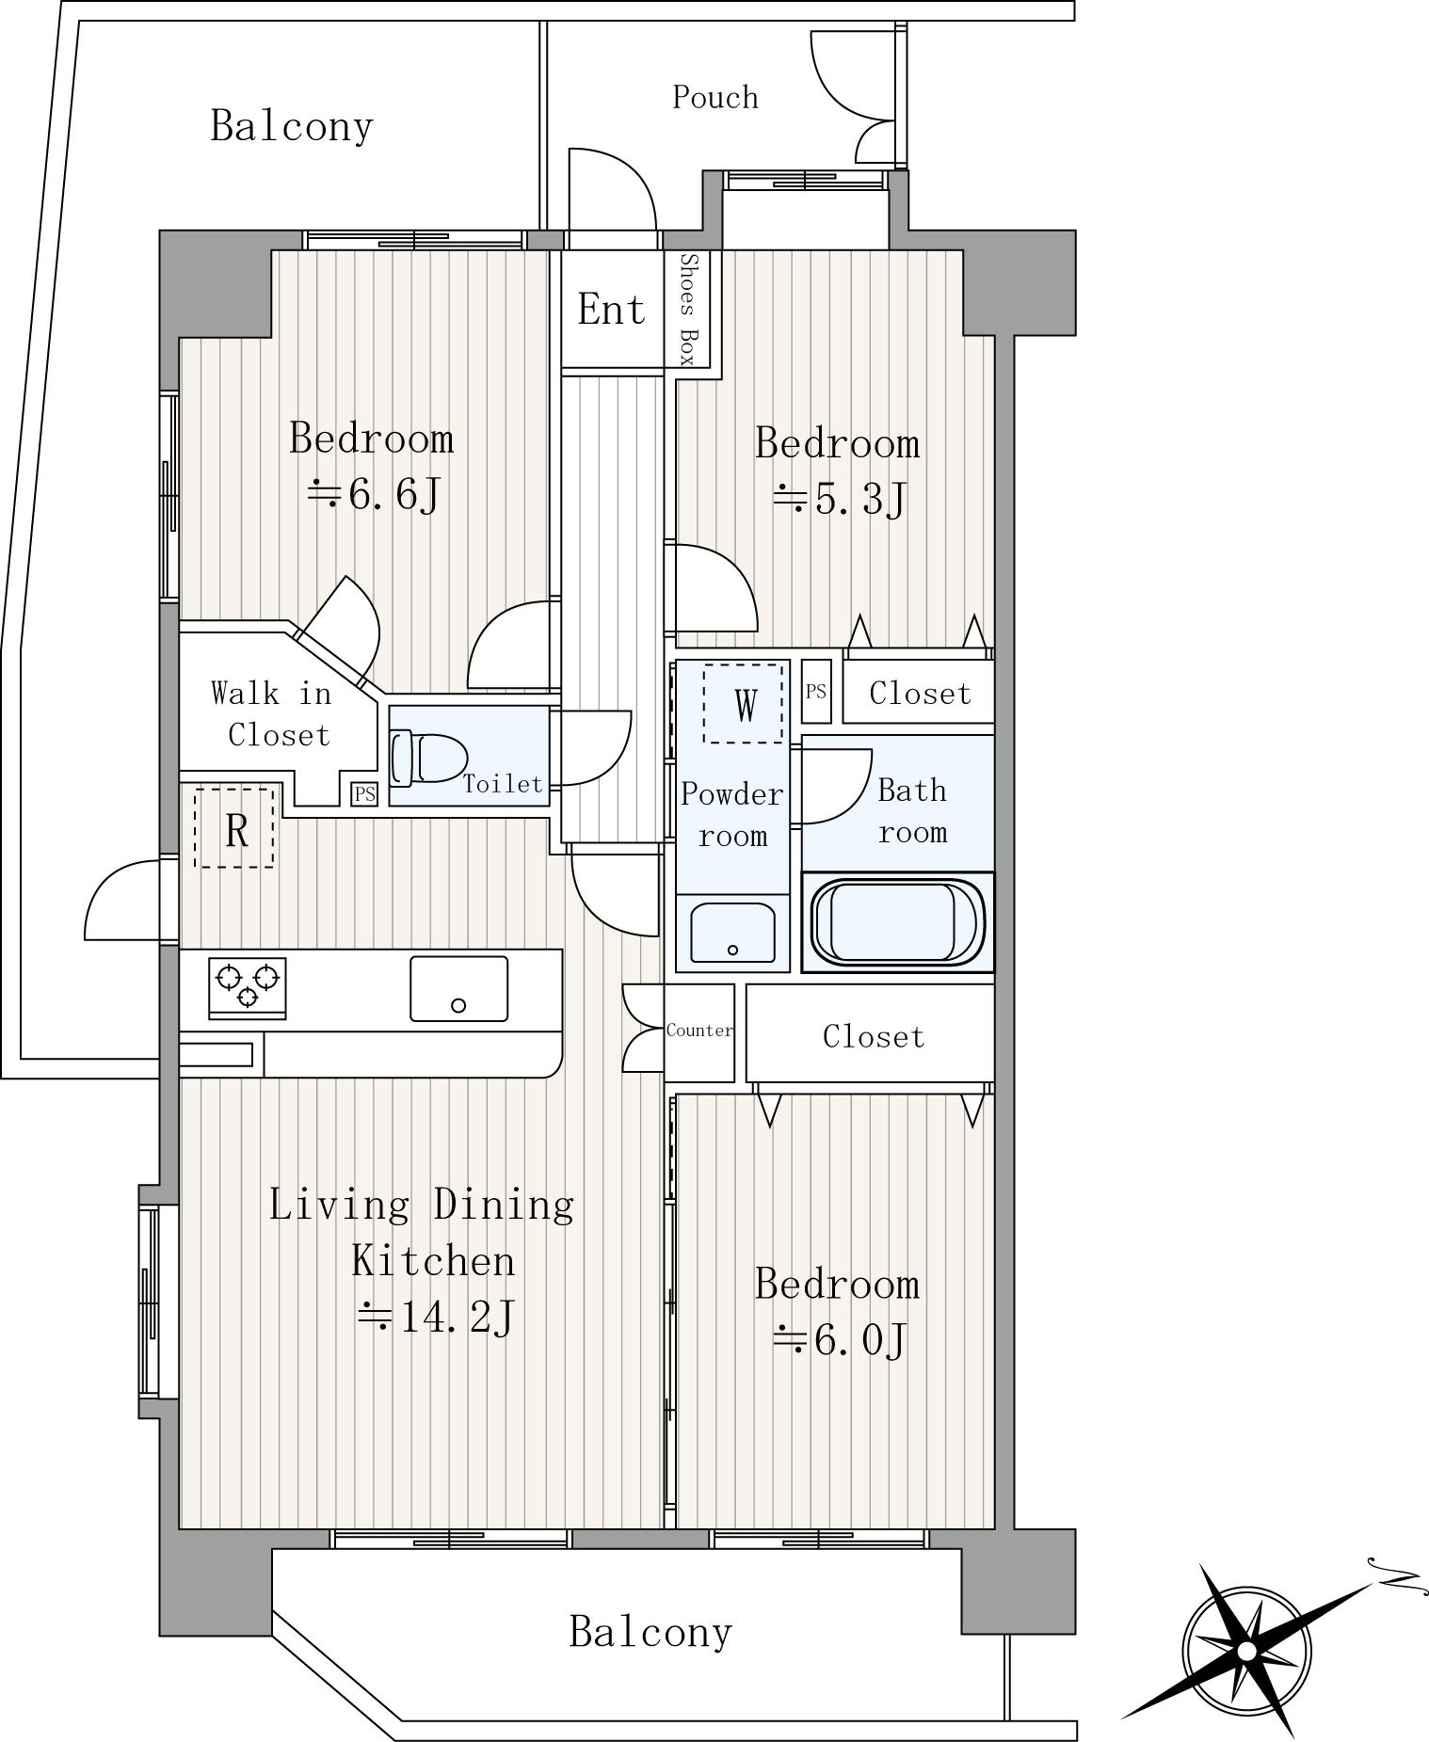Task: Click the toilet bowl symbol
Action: click(x=429, y=758)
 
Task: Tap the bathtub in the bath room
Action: click(x=897, y=922)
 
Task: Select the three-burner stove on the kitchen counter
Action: click(x=247, y=986)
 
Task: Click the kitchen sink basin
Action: click(x=458, y=988)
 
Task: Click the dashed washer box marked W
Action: click(x=744, y=704)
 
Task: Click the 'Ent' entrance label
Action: click(x=611, y=309)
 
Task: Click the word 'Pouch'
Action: click(x=715, y=97)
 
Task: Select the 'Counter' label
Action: click(x=699, y=1031)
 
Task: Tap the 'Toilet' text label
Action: click(x=503, y=784)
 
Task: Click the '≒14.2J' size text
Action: click(x=435, y=1318)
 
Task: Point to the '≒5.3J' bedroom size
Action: click(x=839, y=499)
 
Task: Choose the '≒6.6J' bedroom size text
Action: click(x=374, y=494)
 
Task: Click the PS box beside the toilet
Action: click(x=364, y=794)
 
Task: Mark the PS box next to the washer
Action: click(x=816, y=692)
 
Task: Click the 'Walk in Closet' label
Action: click(x=271, y=714)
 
